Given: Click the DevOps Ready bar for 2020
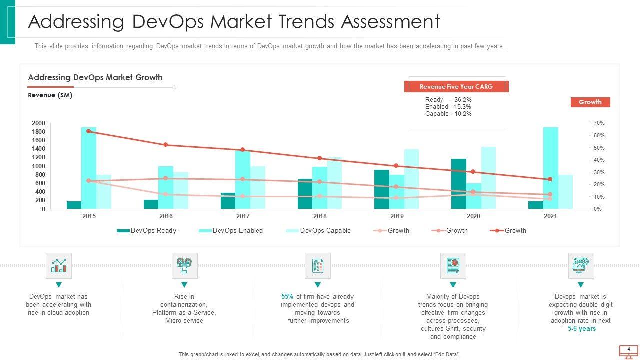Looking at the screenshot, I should pos(458,184).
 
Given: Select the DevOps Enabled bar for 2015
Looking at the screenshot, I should pos(89,168).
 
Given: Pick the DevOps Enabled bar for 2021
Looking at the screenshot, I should pos(550,168).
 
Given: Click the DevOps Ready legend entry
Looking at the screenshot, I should pos(147,231).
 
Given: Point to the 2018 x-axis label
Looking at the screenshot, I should pos(320,216).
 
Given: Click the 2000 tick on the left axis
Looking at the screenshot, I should pos(38,123).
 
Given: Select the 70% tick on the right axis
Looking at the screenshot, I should pos(599,123).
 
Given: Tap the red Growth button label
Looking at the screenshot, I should pos(590,102).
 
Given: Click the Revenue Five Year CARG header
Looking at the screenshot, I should pos(456,87).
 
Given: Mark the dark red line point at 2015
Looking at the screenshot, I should pos(89,131).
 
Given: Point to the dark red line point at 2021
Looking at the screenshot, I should pos(550,179).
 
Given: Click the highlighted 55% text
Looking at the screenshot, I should pos(287,297).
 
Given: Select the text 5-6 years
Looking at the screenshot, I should pos(581,329).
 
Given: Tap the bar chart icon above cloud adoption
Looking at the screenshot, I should pos(59,265).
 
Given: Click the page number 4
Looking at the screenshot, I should pos(628,349).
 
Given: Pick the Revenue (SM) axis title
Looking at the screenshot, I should pos(50,95).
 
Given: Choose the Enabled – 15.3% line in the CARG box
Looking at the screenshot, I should pos(448,107).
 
